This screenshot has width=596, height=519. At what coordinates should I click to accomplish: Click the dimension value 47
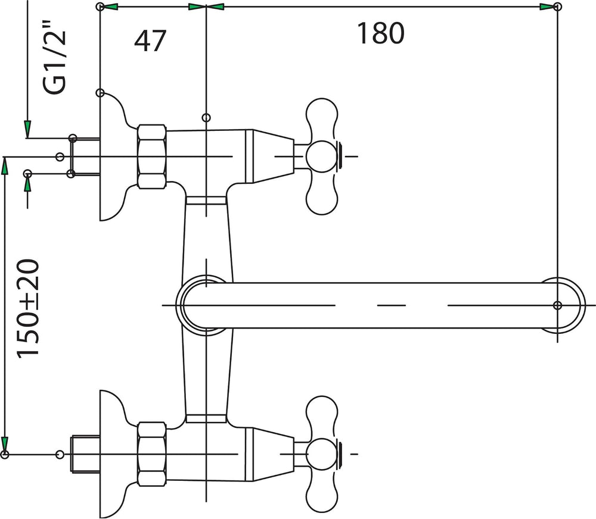click(150, 40)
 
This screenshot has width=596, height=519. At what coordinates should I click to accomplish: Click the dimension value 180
click(380, 33)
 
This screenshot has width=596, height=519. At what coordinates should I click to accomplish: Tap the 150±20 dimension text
click(28, 308)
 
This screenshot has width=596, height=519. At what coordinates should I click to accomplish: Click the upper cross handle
click(322, 157)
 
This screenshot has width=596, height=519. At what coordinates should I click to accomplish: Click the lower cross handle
click(322, 454)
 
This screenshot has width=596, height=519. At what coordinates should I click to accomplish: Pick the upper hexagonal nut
click(152, 157)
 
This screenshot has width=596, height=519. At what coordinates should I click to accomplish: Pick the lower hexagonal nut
click(152, 454)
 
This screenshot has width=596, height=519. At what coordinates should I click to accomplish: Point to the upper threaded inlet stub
click(85, 157)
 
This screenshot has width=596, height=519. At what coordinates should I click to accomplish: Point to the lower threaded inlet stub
click(85, 454)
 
